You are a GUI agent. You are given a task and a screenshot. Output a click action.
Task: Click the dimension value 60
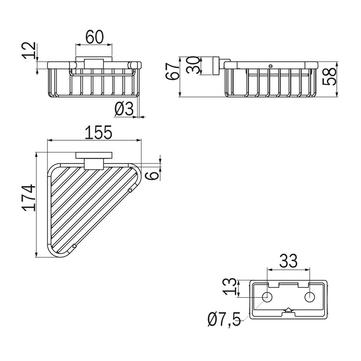click(x=94, y=37)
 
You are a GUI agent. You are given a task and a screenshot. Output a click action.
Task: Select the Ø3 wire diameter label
click(x=124, y=110)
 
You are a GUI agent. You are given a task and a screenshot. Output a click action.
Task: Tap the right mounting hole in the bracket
click(x=310, y=297)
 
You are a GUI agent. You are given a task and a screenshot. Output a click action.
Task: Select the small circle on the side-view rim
click(x=271, y=66)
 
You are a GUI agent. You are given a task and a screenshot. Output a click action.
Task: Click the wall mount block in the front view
click(x=93, y=64)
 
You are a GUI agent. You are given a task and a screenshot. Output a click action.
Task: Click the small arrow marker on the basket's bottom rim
click(x=75, y=245)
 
